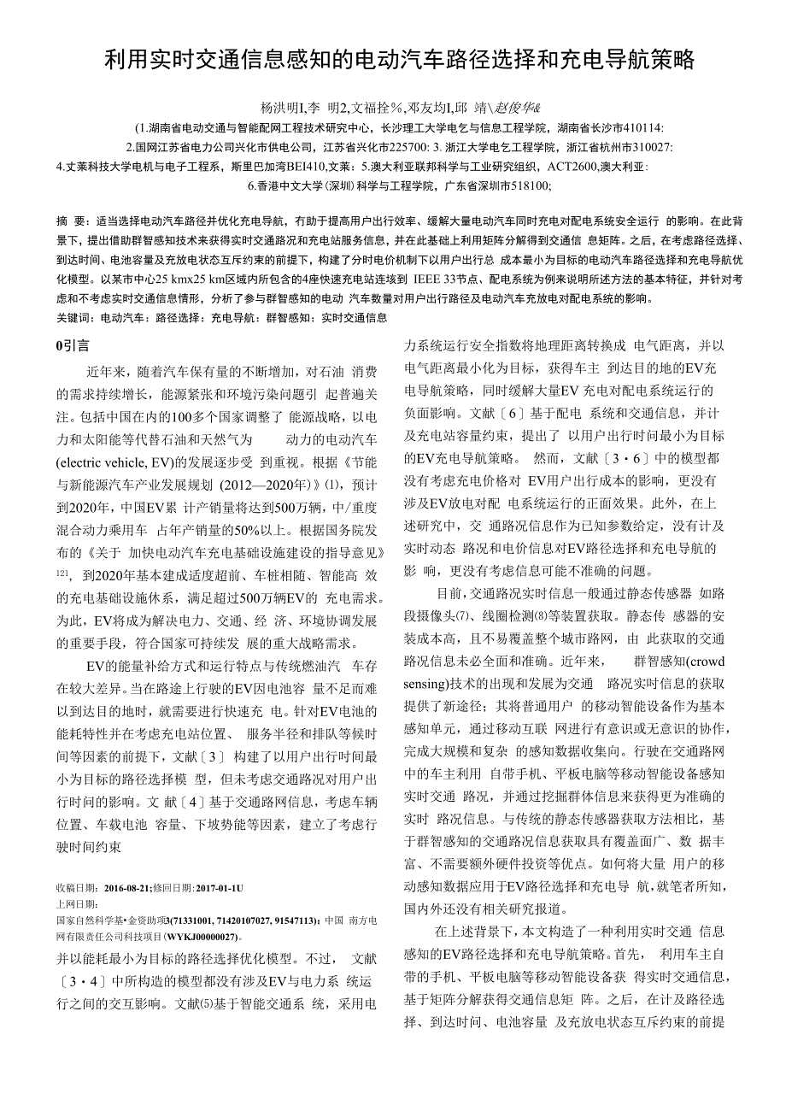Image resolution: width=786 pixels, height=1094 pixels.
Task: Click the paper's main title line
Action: (399, 60)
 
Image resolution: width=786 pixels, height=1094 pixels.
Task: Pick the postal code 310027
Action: (652, 147)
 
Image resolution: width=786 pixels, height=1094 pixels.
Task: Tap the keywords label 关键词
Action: (74, 318)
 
